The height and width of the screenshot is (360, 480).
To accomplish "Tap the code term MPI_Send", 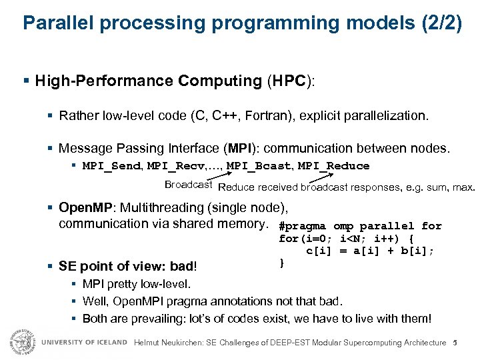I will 111,165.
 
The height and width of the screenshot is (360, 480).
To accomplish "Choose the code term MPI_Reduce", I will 333,165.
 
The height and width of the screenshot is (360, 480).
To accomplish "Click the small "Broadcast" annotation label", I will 188,185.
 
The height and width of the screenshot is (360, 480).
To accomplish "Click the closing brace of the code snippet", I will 282,263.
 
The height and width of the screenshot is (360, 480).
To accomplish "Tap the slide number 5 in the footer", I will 454,343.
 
